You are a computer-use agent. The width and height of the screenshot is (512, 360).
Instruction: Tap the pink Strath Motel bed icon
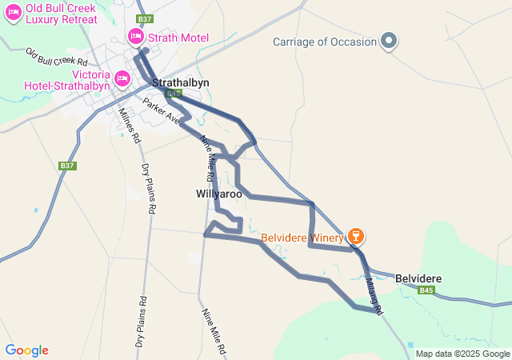point(135,37)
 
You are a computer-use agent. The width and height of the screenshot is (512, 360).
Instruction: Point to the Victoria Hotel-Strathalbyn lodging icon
point(122,78)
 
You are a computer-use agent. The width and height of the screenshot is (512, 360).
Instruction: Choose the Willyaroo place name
point(218,194)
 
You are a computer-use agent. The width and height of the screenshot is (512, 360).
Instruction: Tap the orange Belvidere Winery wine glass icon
point(355,237)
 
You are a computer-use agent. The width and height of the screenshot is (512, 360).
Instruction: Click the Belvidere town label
point(418,278)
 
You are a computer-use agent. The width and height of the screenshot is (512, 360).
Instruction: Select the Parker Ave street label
point(162,110)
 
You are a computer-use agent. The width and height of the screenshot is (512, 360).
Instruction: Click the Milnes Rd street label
point(129,125)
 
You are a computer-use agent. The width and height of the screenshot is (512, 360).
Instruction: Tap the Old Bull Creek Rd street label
point(56,57)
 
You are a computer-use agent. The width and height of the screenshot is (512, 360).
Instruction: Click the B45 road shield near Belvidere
point(426,290)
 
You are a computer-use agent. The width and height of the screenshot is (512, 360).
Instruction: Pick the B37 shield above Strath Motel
point(144,18)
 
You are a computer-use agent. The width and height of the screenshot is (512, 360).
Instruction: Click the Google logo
point(26,350)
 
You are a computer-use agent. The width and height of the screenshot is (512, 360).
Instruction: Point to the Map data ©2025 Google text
point(462,354)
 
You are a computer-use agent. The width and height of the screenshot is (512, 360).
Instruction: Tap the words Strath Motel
point(178,38)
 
